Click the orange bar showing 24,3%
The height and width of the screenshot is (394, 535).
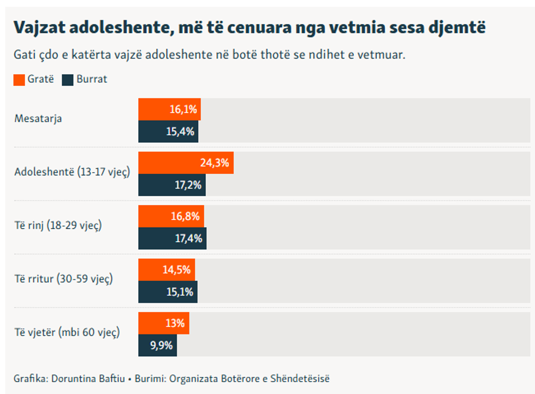[x=186, y=163]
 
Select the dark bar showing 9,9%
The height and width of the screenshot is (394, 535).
[x=158, y=345]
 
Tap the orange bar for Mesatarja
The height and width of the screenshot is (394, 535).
[x=169, y=109]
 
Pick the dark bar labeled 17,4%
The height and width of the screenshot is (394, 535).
[x=173, y=238]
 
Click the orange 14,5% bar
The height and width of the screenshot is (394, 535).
[x=167, y=270]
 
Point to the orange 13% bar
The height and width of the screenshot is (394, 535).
[x=164, y=324]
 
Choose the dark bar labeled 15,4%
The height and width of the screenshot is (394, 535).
[x=168, y=131]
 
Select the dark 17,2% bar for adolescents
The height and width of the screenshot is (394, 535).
[x=172, y=185]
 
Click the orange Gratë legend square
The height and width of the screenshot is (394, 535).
[x=19, y=79]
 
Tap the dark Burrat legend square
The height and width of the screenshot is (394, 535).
[x=68, y=79]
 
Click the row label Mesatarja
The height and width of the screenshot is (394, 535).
[x=38, y=119]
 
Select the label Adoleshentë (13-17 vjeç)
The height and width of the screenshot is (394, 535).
[x=72, y=172]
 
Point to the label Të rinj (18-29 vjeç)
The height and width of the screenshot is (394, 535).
[x=58, y=226]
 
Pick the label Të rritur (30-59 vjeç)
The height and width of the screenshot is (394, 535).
[x=63, y=279]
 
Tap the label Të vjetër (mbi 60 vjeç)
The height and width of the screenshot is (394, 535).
[x=67, y=332]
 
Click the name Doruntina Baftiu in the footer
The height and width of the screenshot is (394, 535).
[x=87, y=378]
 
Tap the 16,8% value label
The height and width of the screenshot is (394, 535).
[x=185, y=216]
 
